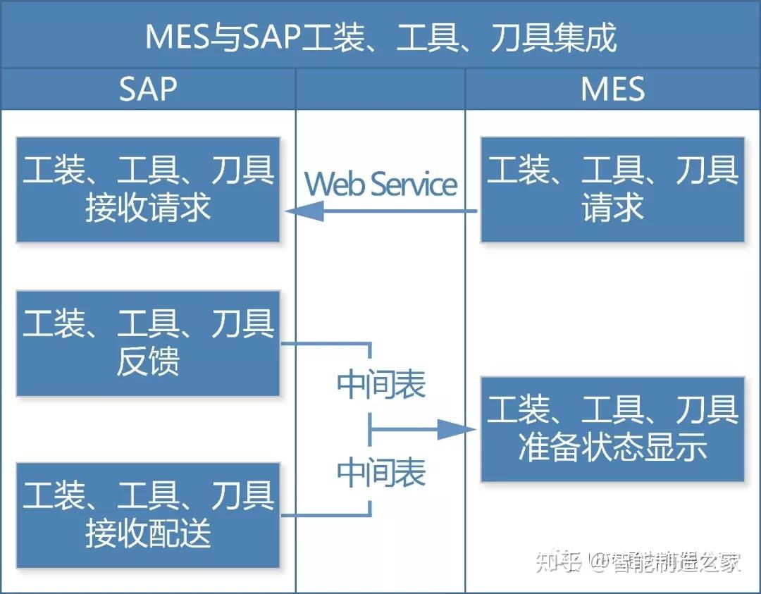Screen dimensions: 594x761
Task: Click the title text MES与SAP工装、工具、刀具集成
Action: click(x=380, y=36)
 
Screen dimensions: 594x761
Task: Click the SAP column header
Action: click(x=147, y=89)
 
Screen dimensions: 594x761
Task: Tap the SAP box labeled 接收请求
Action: click(x=148, y=190)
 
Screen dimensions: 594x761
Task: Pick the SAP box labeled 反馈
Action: click(x=148, y=342)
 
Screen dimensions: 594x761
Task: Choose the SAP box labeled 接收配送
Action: click(x=148, y=515)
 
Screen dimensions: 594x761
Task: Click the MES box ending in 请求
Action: click(x=612, y=190)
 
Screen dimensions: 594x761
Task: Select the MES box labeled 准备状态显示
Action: click(x=612, y=429)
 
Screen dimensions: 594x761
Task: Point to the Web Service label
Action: click(x=380, y=185)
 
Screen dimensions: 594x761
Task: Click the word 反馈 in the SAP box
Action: click(x=148, y=361)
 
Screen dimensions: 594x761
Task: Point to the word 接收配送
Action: click(x=148, y=533)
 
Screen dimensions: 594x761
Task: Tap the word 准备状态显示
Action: click(x=612, y=448)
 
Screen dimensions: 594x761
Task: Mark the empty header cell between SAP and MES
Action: click(x=380, y=89)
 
